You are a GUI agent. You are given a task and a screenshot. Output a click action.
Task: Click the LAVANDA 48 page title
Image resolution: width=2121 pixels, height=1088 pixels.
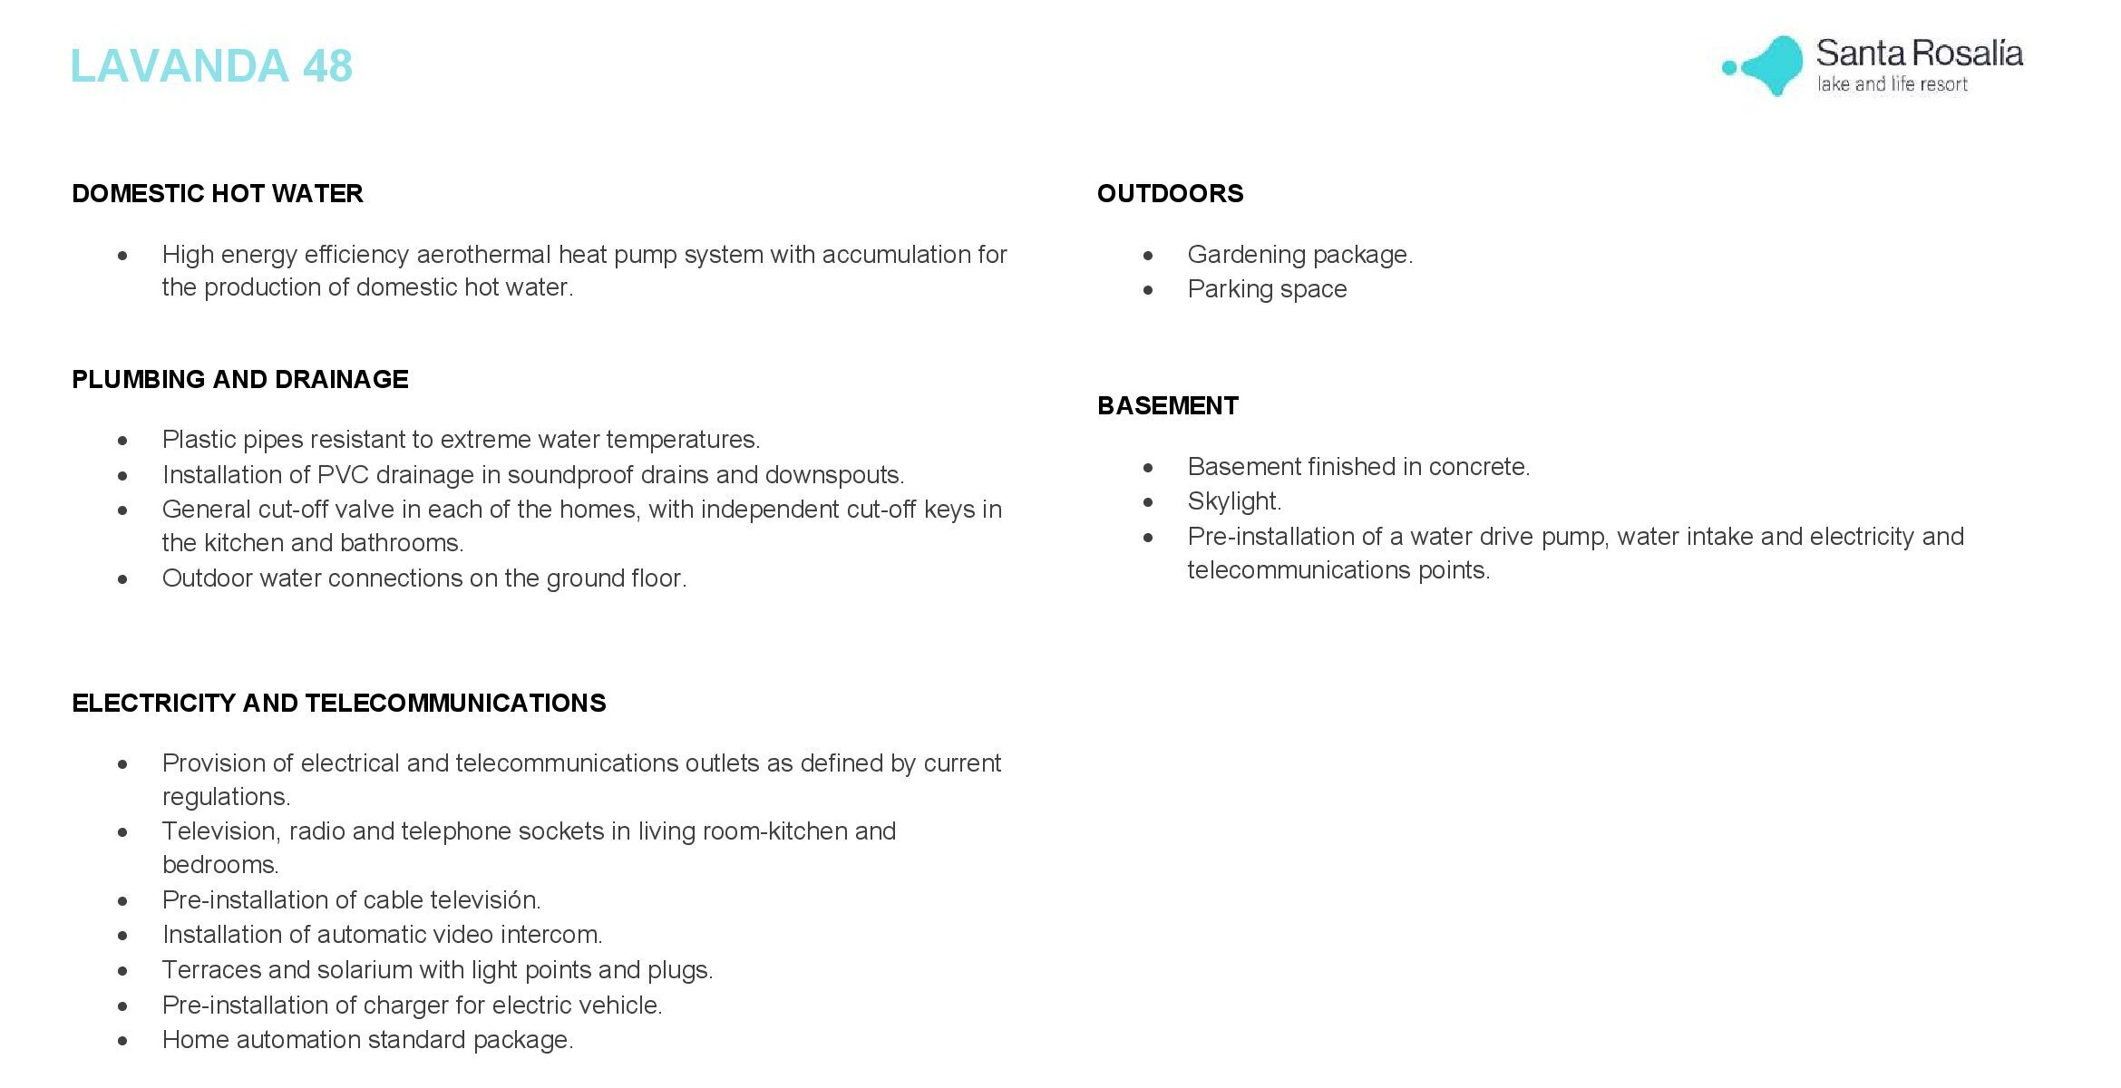pos(211,66)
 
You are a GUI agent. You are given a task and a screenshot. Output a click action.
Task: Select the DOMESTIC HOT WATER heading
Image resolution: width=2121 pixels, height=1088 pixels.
pos(218,193)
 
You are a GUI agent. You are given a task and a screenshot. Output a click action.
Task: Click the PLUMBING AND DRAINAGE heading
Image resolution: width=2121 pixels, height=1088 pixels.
pos(240,379)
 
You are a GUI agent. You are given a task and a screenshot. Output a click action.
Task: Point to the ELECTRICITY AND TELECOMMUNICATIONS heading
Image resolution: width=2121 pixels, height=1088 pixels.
pos(339,703)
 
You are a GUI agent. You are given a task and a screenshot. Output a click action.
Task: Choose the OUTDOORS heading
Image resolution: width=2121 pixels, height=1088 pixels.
pos(1170,193)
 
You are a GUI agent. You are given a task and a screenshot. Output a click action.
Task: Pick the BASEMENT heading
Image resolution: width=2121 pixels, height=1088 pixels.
pos(1167,405)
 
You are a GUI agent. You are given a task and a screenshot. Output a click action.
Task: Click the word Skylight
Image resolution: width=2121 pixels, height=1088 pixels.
pos(1233,501)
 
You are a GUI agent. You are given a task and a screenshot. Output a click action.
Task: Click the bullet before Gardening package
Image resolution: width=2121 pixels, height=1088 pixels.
pos(1148,256)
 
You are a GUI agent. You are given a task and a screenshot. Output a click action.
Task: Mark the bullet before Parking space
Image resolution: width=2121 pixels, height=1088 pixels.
pos(1148,290)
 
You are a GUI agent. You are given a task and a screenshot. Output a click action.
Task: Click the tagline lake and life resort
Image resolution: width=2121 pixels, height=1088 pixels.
pos(1892,84)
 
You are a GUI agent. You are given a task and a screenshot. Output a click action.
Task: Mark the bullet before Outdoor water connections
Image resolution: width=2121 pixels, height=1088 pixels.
pos(122,579)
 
